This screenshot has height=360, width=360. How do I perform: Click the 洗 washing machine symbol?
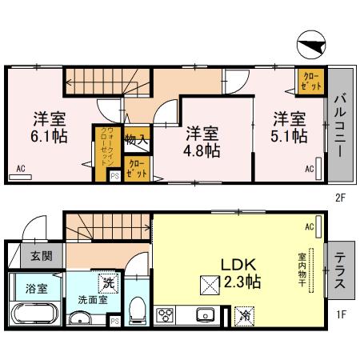pos(106,283)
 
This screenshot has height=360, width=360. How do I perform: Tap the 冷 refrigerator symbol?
pos(246,316)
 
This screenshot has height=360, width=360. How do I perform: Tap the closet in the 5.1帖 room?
pos(310,80)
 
